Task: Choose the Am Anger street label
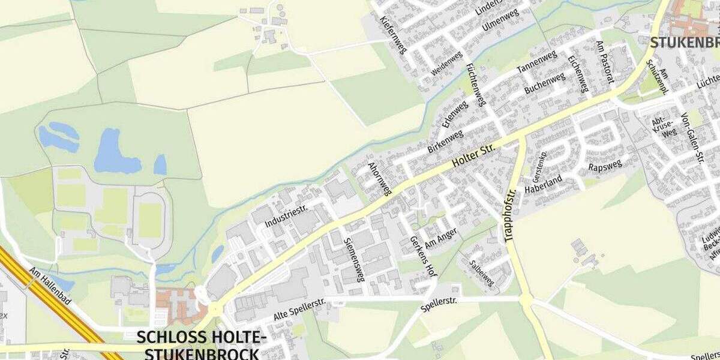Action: point(441,237)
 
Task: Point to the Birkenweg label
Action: point(445,140)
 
